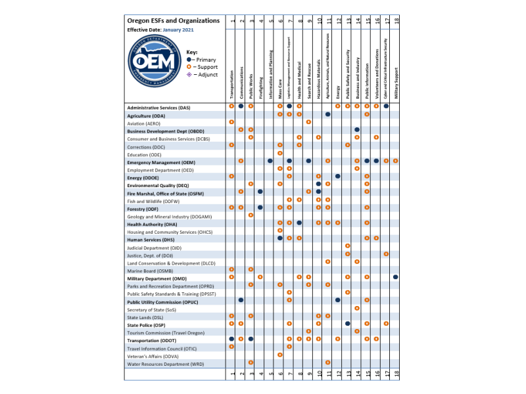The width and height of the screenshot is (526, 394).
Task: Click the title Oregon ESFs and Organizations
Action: [x=172, y=21]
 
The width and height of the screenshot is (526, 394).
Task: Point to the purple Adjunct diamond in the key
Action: [x=189, y=74]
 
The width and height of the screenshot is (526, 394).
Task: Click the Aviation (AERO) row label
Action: [x=144, y=122]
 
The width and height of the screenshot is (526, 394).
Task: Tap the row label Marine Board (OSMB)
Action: [x=150, y=269]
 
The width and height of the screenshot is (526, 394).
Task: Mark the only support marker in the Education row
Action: [x=280, y=154]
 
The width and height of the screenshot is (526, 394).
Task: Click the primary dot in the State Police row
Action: [x=347, y=323]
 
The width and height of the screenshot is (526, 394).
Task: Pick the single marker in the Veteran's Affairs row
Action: [x=280, y=355]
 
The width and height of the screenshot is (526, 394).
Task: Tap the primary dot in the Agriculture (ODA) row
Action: [x=328, y=114]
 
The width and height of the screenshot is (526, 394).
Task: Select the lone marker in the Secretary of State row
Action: [x=357, y=308]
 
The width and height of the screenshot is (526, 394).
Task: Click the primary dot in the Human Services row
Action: [x=280, y=238]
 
